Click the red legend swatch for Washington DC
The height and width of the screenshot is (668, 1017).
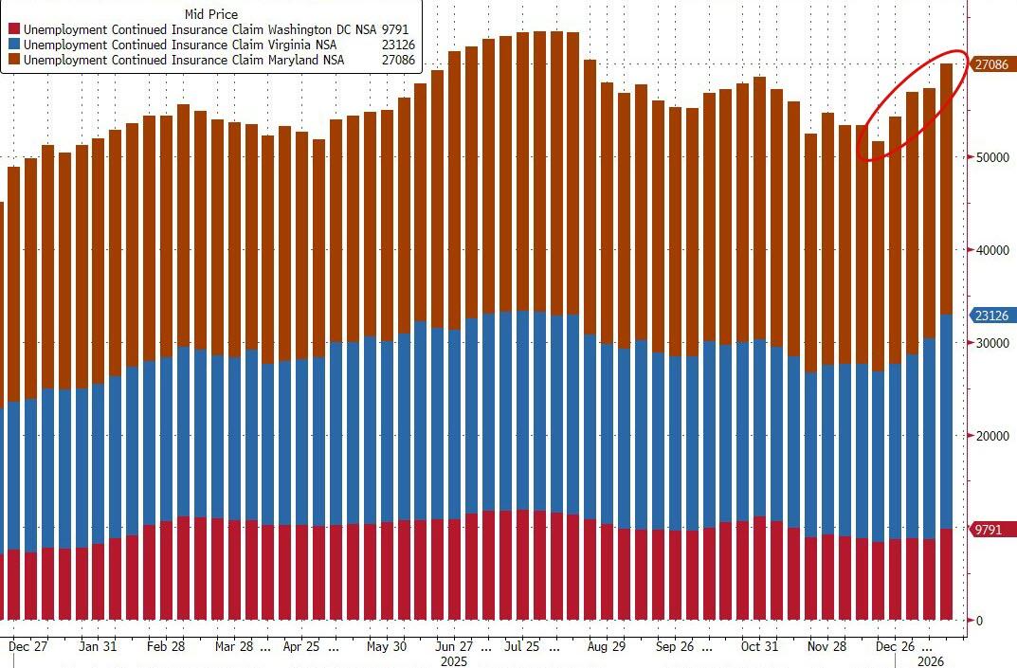14,29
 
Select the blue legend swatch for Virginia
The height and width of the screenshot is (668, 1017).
14,45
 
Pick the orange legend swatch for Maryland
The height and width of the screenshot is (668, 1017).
14,60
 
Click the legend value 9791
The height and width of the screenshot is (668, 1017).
395,29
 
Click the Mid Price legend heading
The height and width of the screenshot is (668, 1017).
211,14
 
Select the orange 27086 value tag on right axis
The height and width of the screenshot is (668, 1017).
992,64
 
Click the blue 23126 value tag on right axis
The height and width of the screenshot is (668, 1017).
992,316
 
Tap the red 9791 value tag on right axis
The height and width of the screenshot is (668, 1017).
989,530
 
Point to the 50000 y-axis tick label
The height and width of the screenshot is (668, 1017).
991,157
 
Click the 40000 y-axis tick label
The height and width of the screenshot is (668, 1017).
991,250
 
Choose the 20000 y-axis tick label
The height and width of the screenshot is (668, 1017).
991,436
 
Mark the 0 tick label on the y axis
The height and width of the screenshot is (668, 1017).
978,622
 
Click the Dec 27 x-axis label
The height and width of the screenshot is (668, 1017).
27,646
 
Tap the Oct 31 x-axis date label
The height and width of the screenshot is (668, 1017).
758,646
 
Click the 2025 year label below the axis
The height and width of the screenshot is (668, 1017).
453,660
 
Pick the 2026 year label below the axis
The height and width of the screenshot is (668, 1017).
932,660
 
